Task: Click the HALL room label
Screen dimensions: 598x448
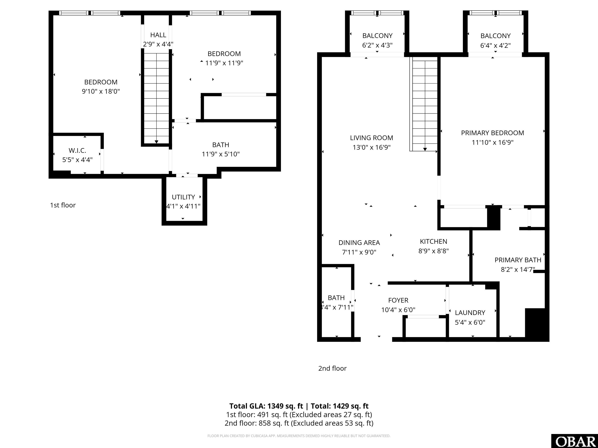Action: (x=158, y=35)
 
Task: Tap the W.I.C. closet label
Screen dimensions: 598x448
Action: (x=77, y=150)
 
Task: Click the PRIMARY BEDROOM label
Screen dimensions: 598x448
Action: (x=492, y=133)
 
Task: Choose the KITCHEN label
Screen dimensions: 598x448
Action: (x=433, y=241)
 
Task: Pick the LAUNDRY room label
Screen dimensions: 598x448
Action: (x=470, y=313)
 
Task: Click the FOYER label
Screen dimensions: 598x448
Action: (x=398, y=300)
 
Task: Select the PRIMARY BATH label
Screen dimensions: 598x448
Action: (x=518, y=260)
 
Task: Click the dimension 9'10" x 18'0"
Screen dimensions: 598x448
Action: (x=101, y=91)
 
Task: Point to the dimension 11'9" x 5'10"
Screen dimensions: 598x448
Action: (x=221, y=154)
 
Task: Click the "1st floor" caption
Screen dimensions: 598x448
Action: (x=63, y=205)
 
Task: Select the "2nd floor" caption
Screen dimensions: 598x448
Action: (x=332, y=368)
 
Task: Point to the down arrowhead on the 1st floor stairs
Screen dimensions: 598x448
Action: (x=156, y=142)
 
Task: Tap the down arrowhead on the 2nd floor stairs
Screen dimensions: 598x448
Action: (x=425, y=149)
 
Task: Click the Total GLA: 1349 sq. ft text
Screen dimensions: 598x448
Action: (x=266, y=406)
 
